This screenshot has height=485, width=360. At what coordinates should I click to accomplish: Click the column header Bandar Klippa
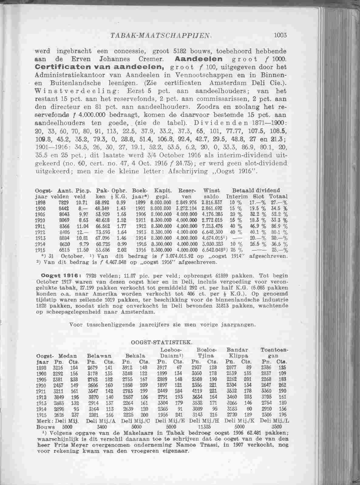pyautogui.click(x=238, y=353)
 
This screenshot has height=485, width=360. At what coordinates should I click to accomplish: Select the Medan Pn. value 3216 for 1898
pyautogui.click(x=58, y=367)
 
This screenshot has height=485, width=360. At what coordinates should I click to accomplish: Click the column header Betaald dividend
pyautogui.click(x=256, y=191)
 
